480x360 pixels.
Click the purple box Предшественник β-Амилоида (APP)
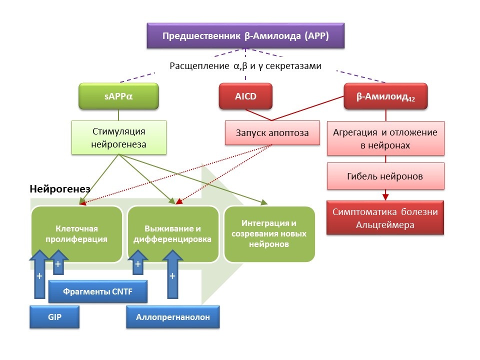coord(245,36)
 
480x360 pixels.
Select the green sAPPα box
coord(119,95)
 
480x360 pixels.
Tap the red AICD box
coord(245,95)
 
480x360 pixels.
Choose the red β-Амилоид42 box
coord(385,95)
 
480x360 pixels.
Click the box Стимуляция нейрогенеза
coord(119,137)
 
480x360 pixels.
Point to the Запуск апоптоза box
coord(272,133)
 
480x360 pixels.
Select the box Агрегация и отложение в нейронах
coord(385,138)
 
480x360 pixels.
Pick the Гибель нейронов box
coord(385,176)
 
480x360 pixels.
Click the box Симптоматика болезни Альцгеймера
coord(385,218)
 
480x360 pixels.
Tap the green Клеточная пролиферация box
coord(76,233)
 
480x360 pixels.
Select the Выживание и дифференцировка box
coord(172,233)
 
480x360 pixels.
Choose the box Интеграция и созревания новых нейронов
coord(269,233)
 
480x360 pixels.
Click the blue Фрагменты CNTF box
coord(98,291)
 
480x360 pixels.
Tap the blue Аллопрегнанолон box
coord(172,317)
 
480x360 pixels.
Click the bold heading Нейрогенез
coord(59,189)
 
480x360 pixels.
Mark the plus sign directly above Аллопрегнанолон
coord(172,275)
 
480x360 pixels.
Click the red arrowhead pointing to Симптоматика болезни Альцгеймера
coord(385,196)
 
